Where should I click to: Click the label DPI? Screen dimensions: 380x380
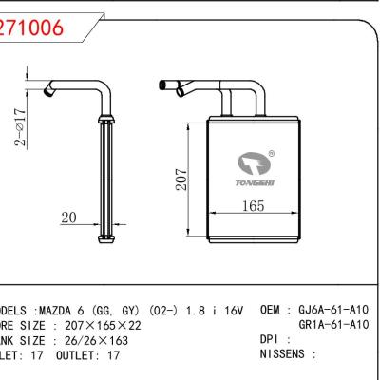269,338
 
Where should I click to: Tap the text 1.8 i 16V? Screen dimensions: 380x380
217,311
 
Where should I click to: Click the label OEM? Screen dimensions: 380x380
271,310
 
